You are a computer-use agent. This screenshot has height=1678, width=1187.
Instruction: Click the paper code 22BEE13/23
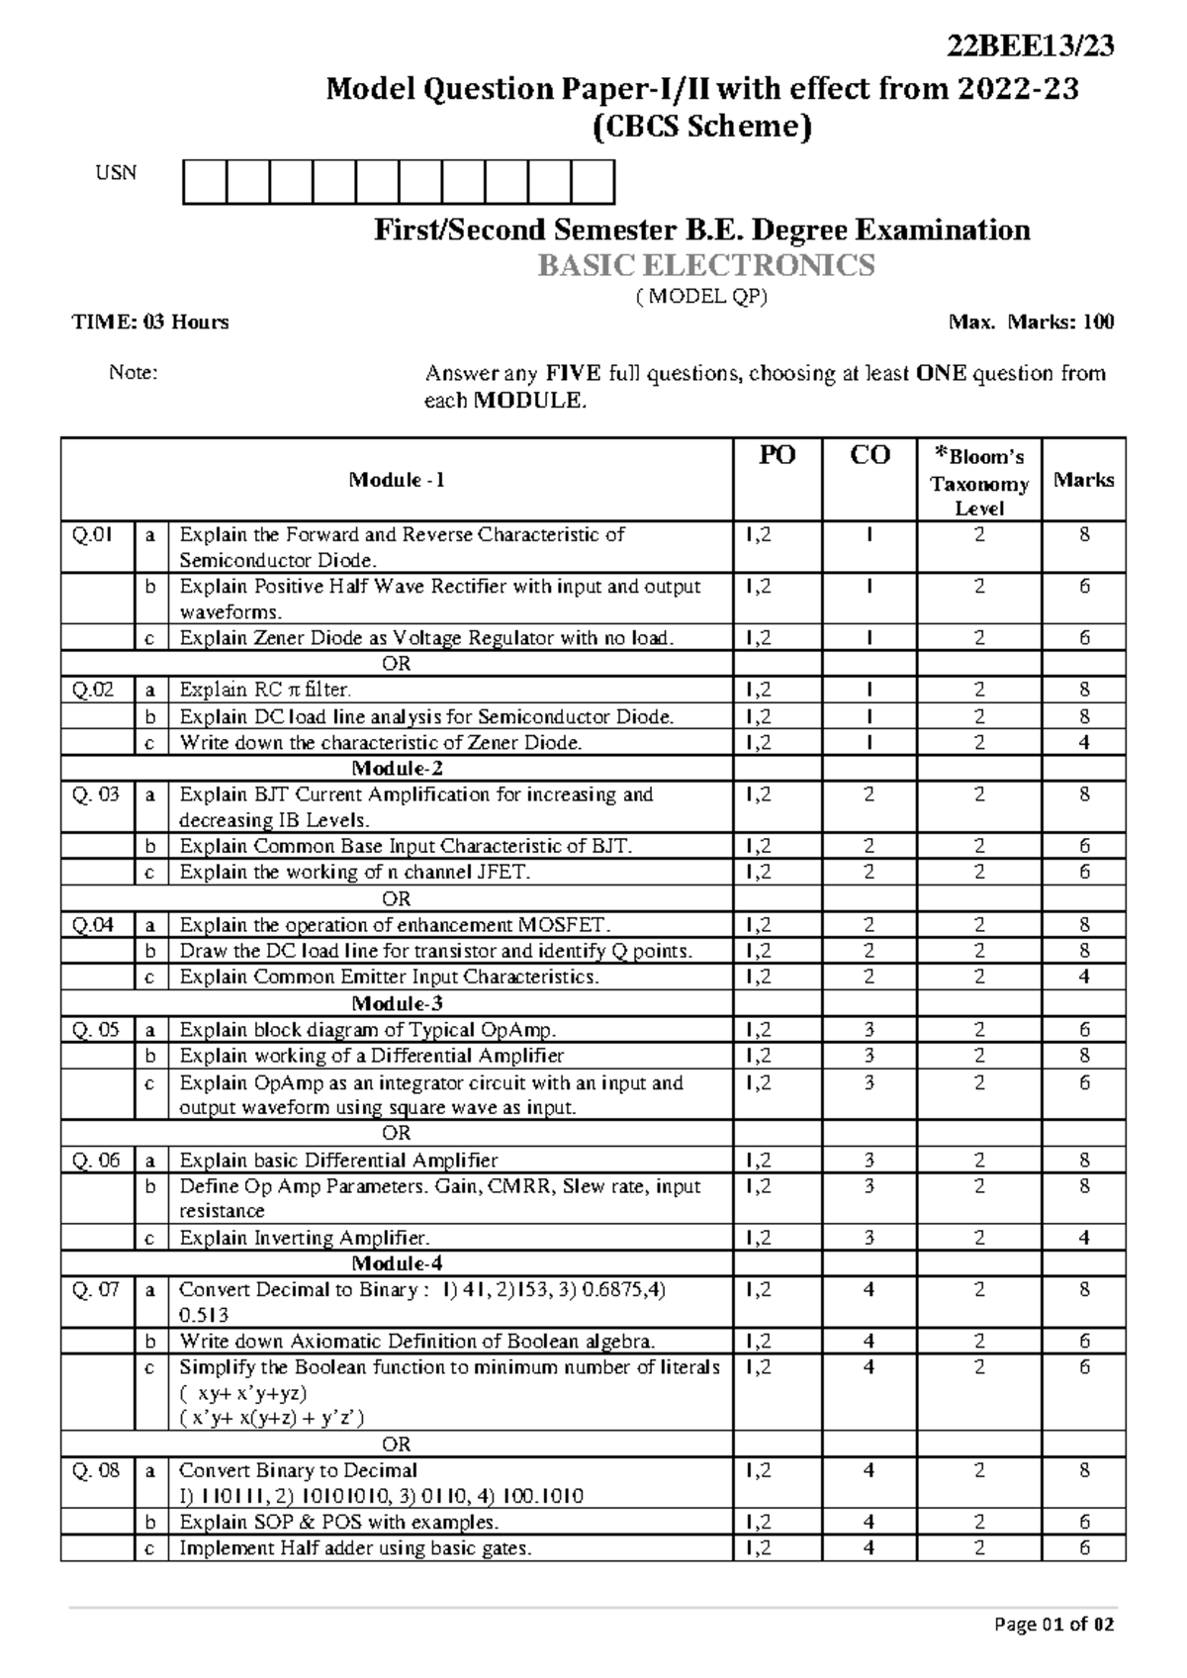click(x=1031, y=47)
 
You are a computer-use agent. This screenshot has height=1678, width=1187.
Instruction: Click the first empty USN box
click(x=205, y=183)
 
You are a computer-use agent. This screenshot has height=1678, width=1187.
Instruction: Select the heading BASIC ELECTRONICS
click(x=705, y=265)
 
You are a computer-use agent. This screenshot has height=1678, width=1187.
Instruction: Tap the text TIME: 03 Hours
click(x=150, y=322)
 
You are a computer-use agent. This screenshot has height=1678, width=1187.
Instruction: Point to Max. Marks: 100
click(x=1031, y=322)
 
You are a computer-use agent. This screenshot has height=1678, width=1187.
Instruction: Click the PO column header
click(x=776, y=455)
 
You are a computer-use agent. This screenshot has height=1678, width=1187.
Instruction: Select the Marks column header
click(x=1083, y=480)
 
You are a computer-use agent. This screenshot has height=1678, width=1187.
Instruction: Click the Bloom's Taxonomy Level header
click(x=978, y=482)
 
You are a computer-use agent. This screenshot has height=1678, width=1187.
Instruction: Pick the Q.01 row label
click(x=92, y=535)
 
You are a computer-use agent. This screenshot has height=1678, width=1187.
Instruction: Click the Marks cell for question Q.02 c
click(x=1084, y=742)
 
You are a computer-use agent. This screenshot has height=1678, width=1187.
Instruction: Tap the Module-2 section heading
click(x=397, y=768)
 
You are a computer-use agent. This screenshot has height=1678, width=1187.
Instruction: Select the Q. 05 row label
click(x=95, y=1029)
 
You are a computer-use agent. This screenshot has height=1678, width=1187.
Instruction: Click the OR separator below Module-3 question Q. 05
click(x=397, y=1133)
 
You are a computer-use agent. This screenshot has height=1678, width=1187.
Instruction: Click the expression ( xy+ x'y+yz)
click(x=243, y=1392)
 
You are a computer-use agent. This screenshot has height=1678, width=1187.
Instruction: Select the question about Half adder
click(x=355, y=1548)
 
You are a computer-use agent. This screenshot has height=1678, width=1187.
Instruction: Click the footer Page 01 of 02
click(x=1054, y=1625)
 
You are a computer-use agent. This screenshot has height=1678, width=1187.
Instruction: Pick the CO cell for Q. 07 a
click(x=868, y=1289)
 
